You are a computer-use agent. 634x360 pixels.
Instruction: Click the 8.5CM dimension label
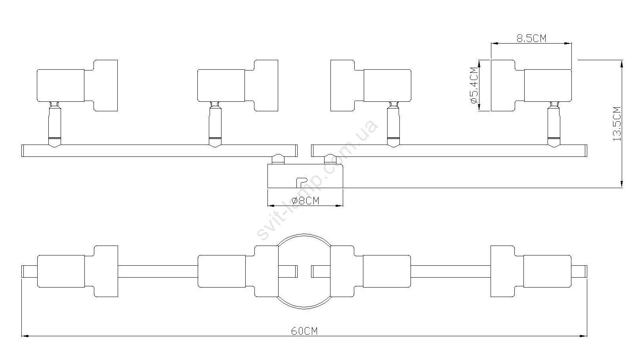(531, 38)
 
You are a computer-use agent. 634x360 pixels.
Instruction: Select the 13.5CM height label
(617, 124)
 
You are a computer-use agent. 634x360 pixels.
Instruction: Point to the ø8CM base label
(305, 201)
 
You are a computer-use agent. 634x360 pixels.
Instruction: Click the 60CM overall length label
(304, 331)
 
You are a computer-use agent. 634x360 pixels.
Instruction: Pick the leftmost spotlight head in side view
(77, 86)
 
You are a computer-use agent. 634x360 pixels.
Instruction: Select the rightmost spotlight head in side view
(531, 86)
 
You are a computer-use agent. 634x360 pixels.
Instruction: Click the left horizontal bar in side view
(158, 150)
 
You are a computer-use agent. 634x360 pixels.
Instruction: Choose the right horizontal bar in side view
(449, 150)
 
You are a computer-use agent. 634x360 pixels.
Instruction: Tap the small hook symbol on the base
(300, 183)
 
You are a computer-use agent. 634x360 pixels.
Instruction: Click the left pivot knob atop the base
(278, 159)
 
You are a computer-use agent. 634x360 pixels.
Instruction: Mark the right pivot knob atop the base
(330, 159)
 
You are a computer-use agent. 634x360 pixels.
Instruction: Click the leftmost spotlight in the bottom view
(77, 271)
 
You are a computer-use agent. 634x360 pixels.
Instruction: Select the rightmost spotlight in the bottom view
(531, 271)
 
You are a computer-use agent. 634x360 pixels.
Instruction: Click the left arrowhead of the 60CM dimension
(24, 336)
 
